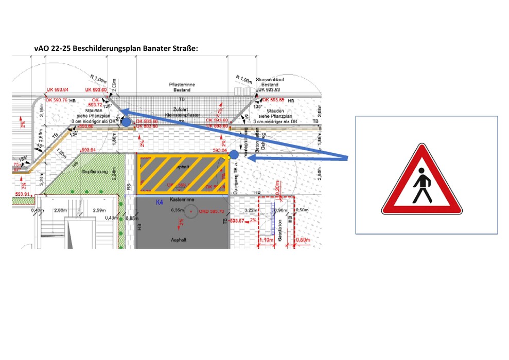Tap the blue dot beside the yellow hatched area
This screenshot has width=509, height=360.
click(234, 154)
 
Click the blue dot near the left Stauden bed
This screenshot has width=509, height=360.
click(126, 122)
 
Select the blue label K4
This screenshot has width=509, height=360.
click(160, 203)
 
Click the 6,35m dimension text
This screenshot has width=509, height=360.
click(177, 211)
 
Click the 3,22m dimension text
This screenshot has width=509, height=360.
click(251, 210)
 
